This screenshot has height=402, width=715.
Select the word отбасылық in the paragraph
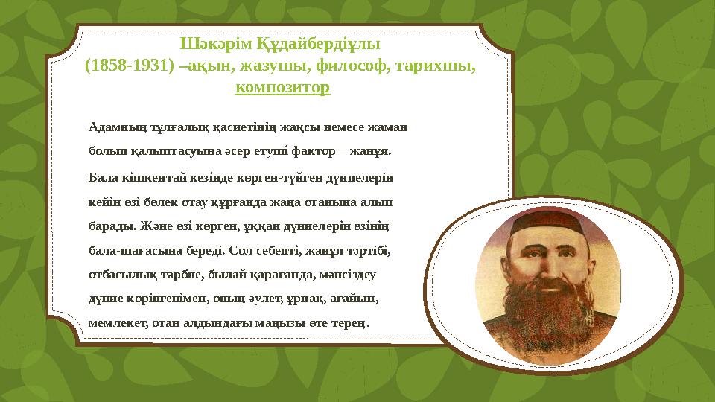[x=118, y=275]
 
